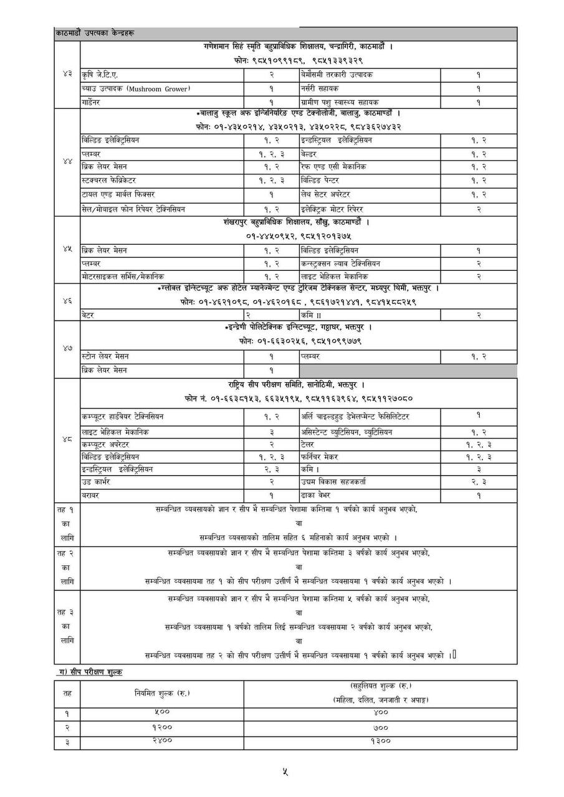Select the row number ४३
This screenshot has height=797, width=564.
point(67,74)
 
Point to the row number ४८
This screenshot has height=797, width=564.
point(67,439)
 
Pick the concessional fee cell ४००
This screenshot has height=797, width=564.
point(380,711)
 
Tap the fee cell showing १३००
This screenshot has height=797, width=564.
point(380,741)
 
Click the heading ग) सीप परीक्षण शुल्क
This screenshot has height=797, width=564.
point(88,672)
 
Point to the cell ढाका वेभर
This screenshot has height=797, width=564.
point(320,495)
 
